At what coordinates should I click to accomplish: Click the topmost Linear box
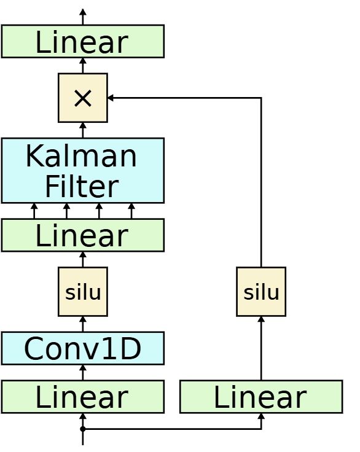82,41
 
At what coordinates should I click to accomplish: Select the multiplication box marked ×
82,98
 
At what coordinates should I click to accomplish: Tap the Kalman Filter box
82,170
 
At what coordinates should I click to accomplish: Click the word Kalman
81,156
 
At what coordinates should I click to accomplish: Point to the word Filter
81,186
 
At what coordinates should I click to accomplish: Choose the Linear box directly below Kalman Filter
82,235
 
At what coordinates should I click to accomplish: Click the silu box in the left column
82,292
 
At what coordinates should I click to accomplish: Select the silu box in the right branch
261,292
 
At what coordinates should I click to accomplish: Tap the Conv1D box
82,348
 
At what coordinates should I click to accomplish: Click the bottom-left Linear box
82,397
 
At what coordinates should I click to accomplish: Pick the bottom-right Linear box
261,397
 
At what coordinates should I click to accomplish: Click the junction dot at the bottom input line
82,429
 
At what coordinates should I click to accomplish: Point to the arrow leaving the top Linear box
82,17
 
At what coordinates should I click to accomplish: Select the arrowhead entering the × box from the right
111,98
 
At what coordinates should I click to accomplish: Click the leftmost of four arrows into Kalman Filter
34,211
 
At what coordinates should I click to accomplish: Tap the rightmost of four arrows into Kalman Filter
131,211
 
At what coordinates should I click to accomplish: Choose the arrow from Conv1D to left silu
82,324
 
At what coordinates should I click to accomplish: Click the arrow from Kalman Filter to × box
82,130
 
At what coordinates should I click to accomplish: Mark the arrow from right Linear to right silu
261,348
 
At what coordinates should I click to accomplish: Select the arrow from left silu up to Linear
82,259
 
